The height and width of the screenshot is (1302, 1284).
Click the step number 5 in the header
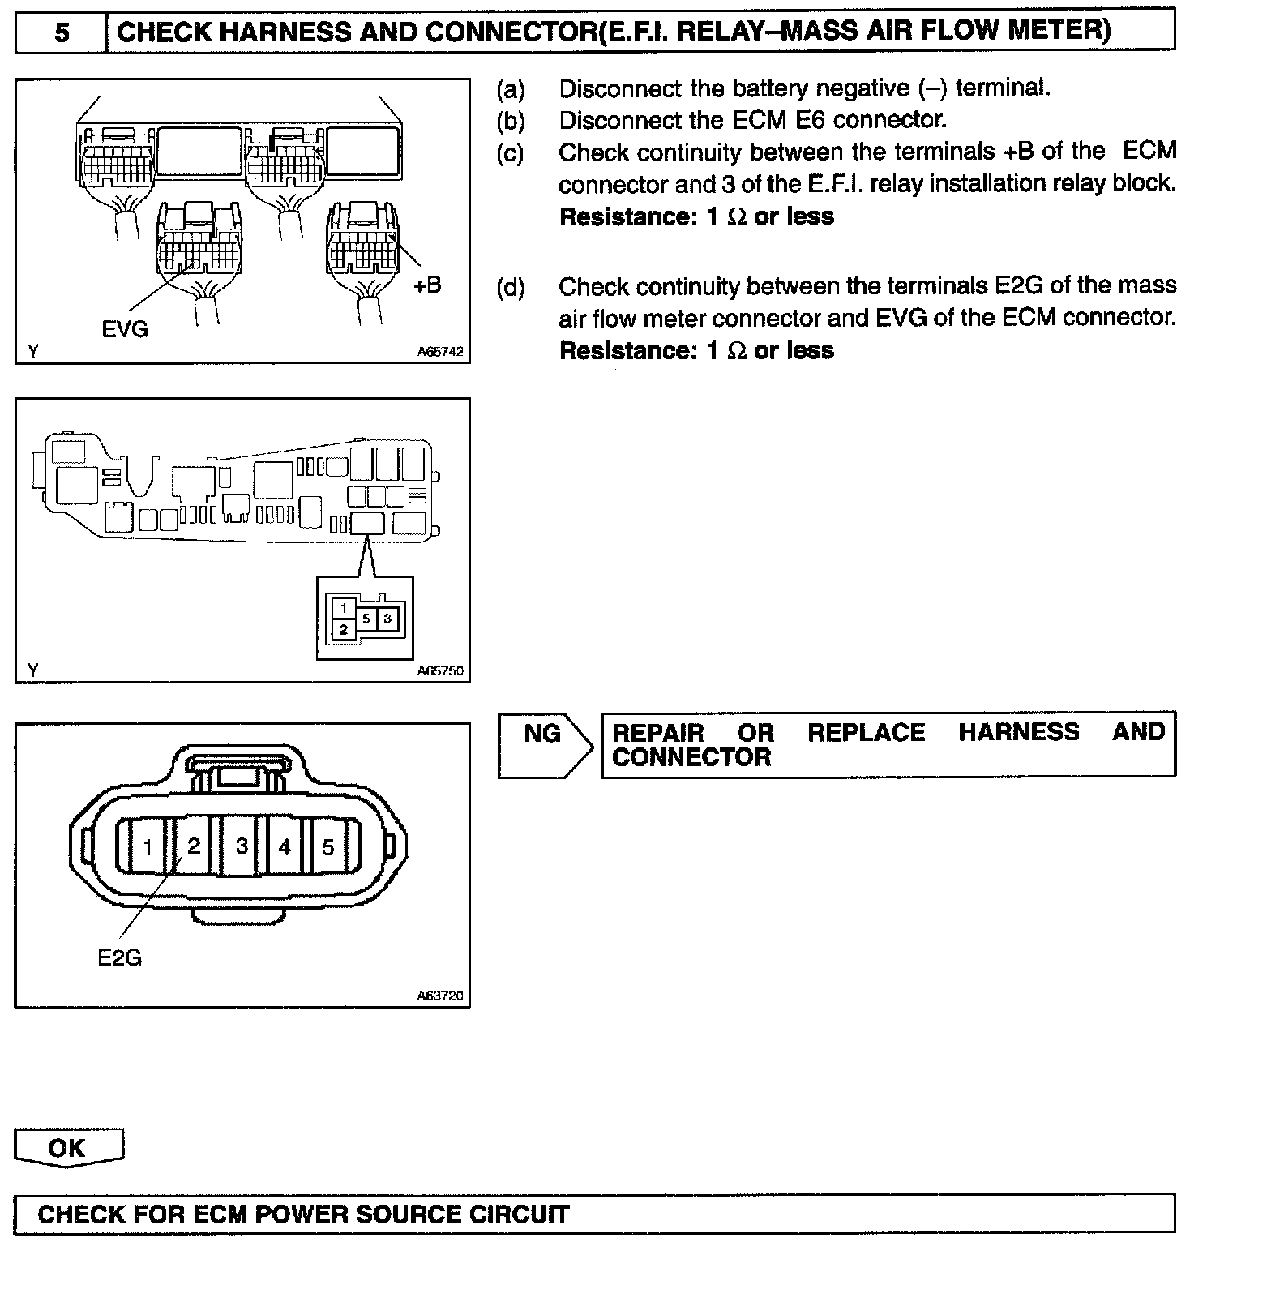[x=62, y=32]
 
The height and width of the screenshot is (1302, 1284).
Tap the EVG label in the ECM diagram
[x=125, y=328]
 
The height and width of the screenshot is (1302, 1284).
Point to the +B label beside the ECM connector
[x=427, y=285]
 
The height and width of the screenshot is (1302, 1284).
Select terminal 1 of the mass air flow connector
[x=148, y=848]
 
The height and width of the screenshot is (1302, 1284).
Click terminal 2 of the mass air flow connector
[x=194, y=846]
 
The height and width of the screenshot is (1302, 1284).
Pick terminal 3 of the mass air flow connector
[x=242, y=846]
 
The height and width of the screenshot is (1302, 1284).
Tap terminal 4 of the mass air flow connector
[x=285, y=847]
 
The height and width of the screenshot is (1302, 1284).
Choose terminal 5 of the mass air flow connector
[x=328, y=848]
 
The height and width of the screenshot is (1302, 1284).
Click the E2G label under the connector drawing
[x=119, y=958]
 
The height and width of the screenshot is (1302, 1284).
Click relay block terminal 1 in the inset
[x=344, y=608]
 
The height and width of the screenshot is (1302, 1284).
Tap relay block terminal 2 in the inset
[x=344, y=629]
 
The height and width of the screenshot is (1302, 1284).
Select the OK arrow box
[x=68, y=1148]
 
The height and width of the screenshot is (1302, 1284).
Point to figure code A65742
[x=440, y=352]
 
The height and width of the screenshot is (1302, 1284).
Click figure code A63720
[x=440, y=996]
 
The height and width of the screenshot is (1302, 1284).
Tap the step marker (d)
[x=511, y=287]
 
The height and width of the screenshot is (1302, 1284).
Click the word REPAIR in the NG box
[x=657, y=733]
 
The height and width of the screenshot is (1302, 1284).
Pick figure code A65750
[x=440, y=671]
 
